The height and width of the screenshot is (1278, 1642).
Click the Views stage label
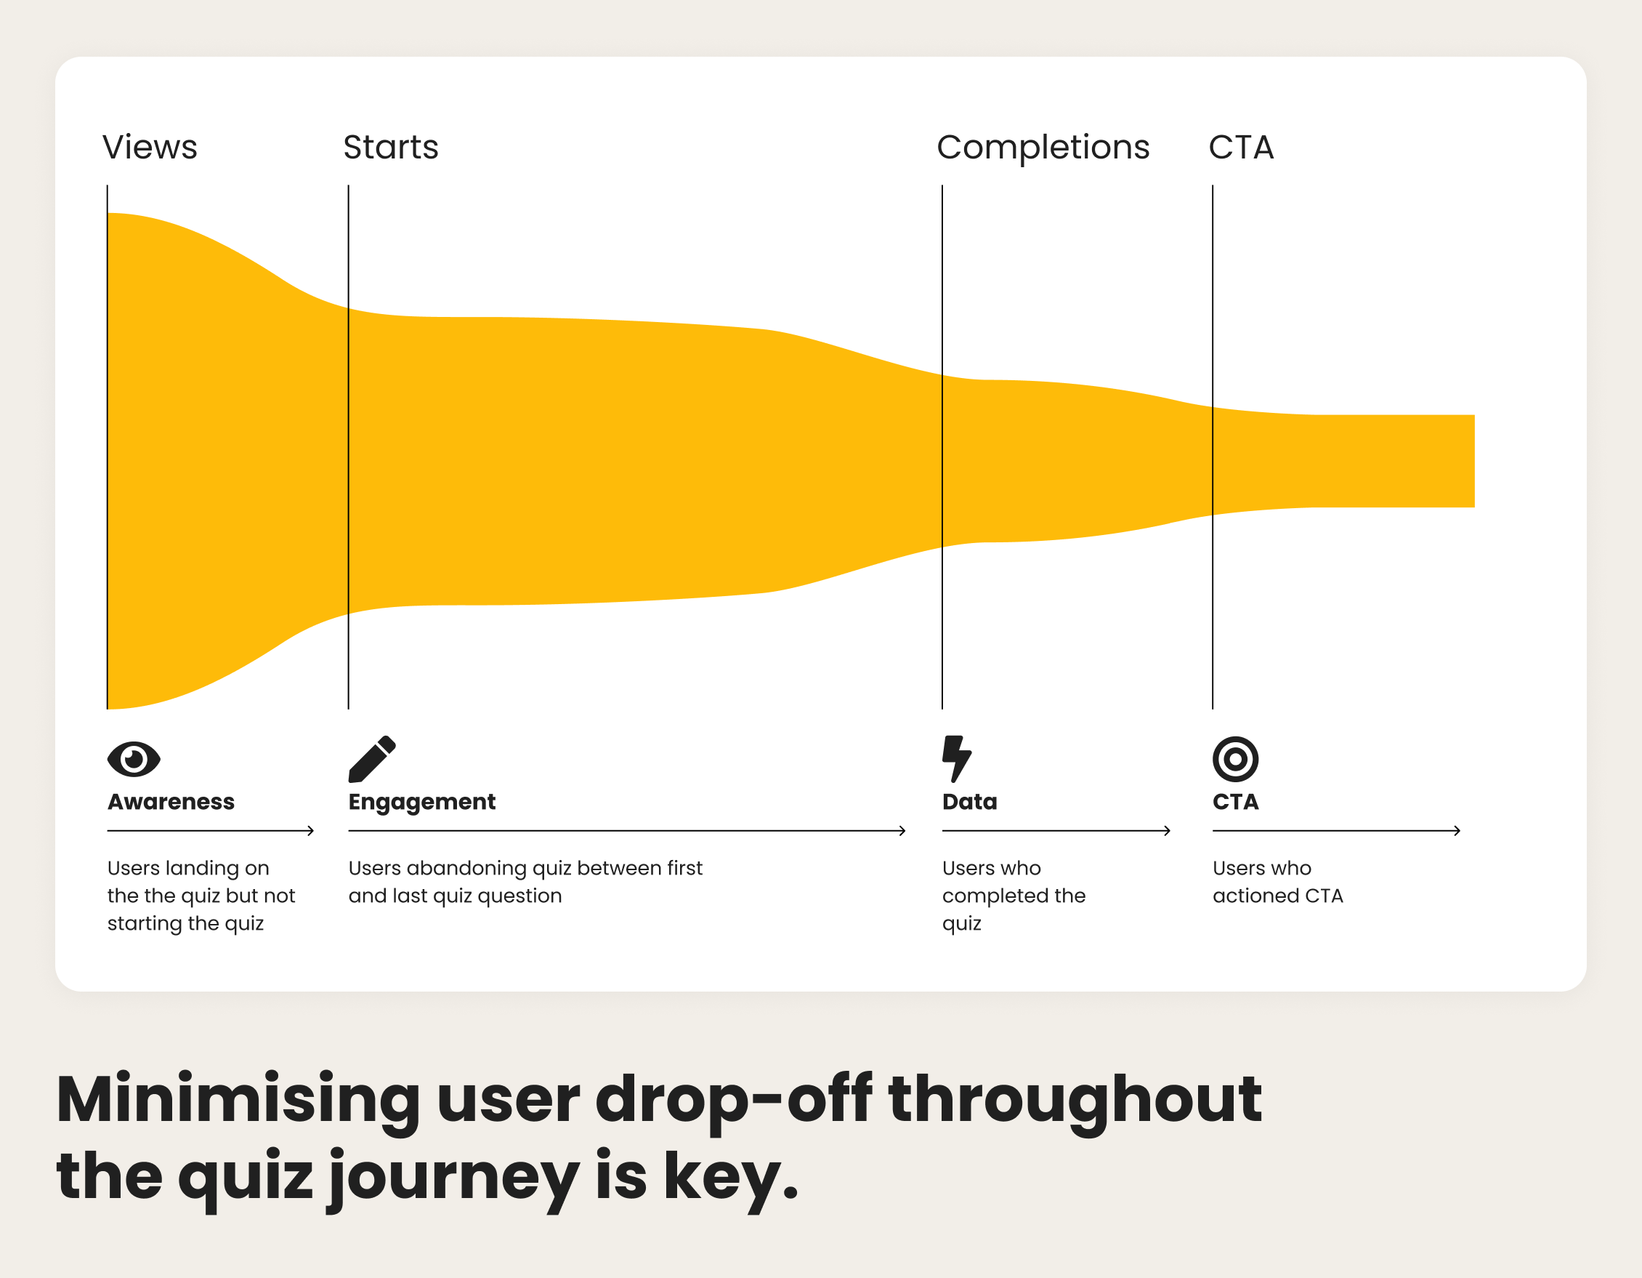click(x=150, y=148)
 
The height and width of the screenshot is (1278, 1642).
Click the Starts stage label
click(x=390, y=148)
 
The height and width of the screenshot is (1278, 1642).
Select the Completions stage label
click(x=1043, y=148)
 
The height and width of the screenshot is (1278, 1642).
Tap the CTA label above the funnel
click(x=1240, y=148)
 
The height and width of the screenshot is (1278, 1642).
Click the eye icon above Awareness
click(x=134, y=758)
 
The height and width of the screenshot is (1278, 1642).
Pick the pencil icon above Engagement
click(x=372, y=758)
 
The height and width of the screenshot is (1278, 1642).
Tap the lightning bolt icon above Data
click(x=956, y=758)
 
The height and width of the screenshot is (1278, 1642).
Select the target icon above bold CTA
click(x=1235, y=759)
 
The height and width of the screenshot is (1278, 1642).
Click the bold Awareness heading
click(x=171, y=802)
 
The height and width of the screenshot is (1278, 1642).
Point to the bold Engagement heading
click(x=422, y=803)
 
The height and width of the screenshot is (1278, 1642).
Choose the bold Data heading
click(x=969, y=802)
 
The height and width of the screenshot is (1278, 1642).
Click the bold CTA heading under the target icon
click(x=1235, y=802)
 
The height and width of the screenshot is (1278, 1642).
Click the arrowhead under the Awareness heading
click(x=310, y=830)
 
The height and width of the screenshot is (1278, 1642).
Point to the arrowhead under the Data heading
click(x=1167, y=830)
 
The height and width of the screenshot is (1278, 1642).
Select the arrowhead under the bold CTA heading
click(x=1456, y=830)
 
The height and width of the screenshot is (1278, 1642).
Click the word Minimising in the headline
click(x=238, y=1100)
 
